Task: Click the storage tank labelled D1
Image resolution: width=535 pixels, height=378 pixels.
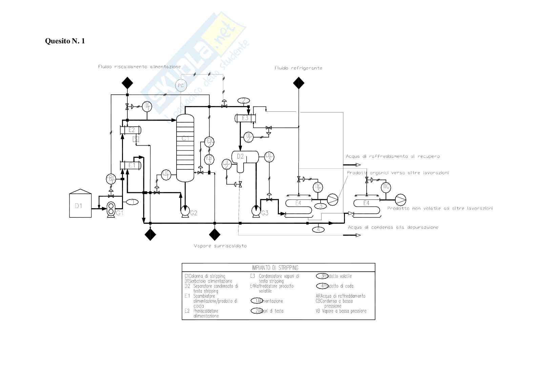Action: coord(80,205)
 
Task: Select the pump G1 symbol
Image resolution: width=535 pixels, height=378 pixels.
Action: coord(111,209)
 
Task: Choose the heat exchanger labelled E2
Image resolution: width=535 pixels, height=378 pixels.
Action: coord(131,130)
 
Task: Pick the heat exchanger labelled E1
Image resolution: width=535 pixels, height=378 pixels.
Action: coord(131,165)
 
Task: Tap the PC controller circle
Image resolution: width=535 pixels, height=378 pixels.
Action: coord(181,86)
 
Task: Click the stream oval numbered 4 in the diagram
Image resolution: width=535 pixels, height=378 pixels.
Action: coord(318,229)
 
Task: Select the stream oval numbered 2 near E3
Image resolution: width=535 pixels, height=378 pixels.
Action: coord(243,100)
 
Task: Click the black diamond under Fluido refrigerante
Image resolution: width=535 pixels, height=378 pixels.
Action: coord(298,83)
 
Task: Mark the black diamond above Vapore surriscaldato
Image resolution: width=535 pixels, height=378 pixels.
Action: coord(214,234)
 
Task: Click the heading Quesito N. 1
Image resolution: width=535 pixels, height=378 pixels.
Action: coord(65,41)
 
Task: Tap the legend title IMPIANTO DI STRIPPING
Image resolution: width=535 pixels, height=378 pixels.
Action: coord(278,268)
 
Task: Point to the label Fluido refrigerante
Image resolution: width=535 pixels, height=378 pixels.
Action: coord(298,68)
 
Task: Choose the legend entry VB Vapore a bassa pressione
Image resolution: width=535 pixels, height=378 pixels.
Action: coord(341,311)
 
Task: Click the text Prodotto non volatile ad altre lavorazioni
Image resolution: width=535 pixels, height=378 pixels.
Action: coord(439,209)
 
